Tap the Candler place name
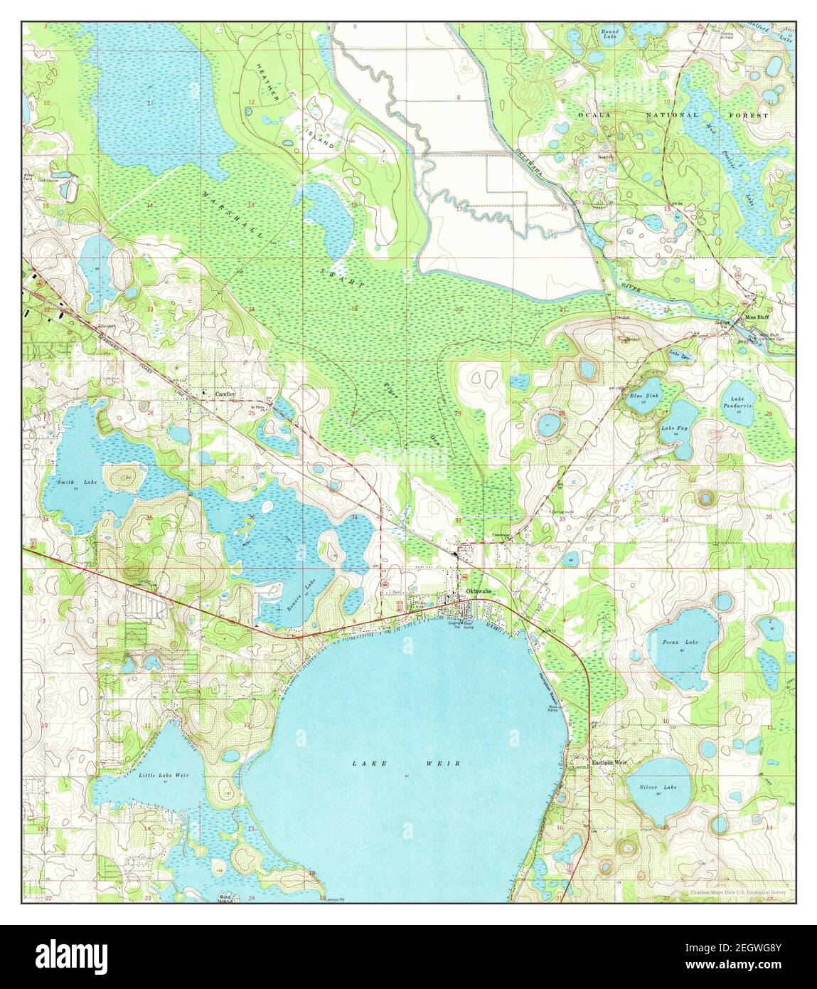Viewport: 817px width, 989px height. pos(217,393)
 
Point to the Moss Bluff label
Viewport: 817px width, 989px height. pos(757,317)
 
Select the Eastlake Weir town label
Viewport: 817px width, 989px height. pos(610,762)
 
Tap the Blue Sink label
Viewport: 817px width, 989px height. pos(644,396)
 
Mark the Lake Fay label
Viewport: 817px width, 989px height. pos(674,428)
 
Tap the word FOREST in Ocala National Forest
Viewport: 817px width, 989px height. pos(754,115)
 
